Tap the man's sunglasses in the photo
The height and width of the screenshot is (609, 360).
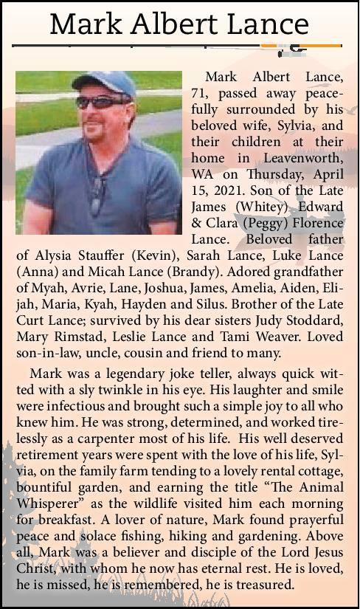[103, 102]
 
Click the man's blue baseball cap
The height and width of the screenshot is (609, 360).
[103, 83]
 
